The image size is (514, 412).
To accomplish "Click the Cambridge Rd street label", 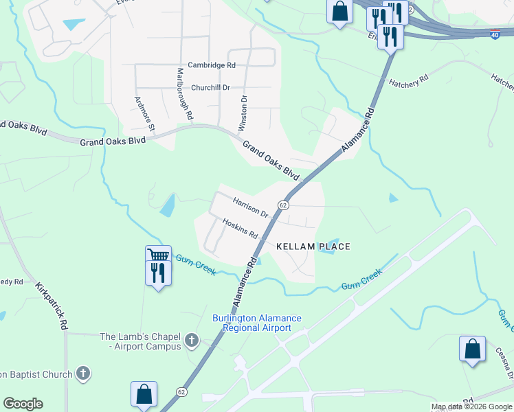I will [212, 65].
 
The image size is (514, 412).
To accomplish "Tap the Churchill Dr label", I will [210, 88].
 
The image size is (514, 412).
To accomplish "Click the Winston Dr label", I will [243, 114].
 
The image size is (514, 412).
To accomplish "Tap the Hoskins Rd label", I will [240, 229].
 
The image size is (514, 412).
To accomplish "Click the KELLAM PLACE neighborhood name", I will [313, 247].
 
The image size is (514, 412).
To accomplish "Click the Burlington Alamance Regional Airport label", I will [256, 323].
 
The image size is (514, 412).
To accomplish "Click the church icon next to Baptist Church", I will [82, 374].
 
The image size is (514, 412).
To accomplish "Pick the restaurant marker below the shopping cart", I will [159, 273].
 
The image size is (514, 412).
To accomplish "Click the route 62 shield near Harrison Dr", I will [282, 205].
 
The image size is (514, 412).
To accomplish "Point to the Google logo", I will [23, 404].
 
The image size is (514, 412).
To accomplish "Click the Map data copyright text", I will [471, 407].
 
